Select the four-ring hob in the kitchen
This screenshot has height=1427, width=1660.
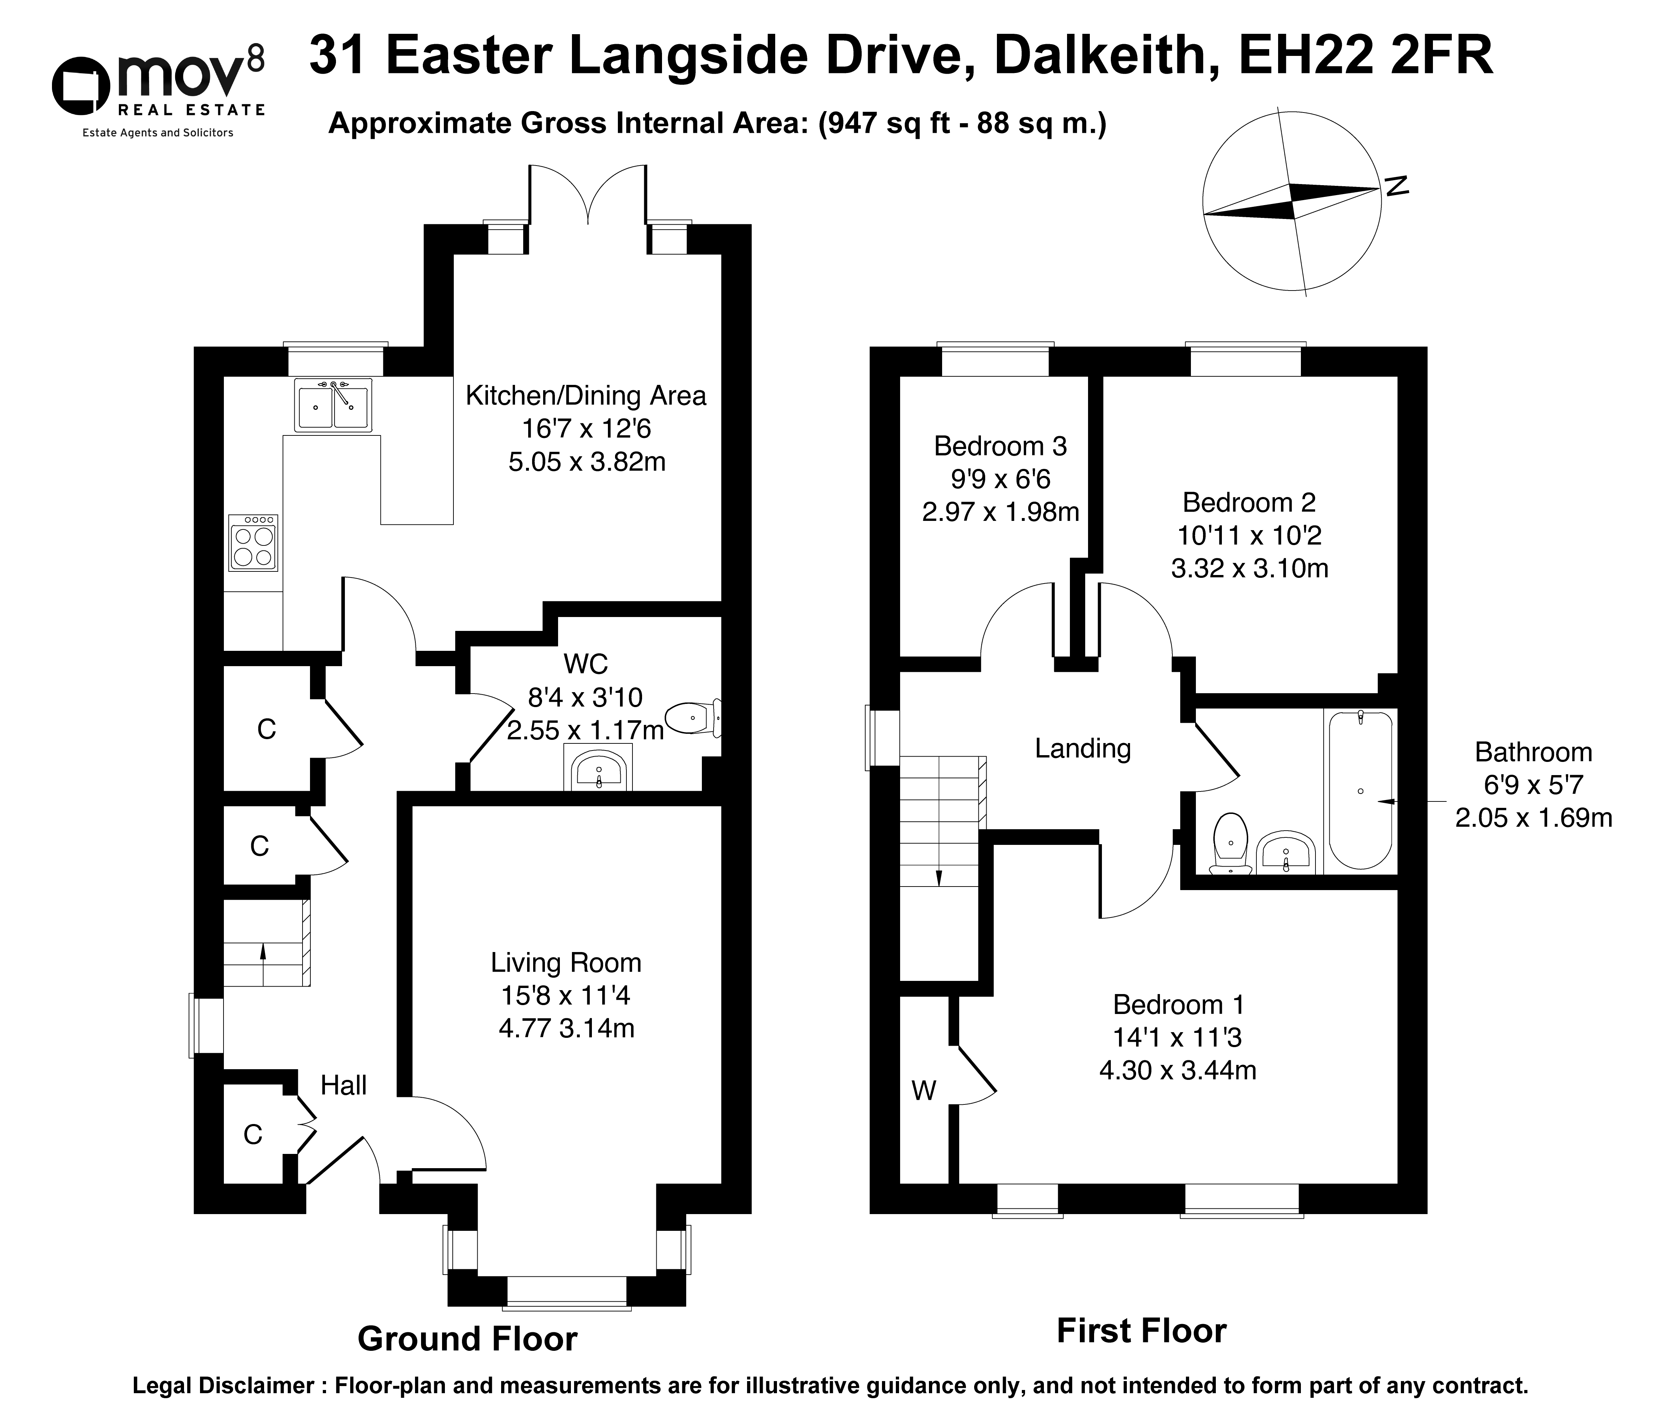253,543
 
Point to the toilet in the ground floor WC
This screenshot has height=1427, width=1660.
694,717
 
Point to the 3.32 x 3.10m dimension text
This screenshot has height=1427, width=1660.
1249,568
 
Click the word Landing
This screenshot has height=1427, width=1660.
1082,748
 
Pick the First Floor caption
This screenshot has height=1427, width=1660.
1141,1330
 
